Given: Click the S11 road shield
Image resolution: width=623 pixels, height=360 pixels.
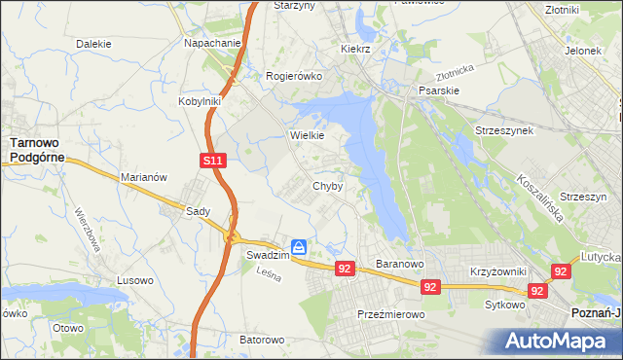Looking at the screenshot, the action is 214,162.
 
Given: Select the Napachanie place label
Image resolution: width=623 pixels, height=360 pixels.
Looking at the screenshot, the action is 211,44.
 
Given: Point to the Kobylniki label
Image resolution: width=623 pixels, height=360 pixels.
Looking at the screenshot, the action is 201,100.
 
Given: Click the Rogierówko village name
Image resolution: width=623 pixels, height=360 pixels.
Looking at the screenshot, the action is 293,75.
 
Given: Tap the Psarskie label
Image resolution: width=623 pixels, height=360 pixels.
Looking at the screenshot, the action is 438,90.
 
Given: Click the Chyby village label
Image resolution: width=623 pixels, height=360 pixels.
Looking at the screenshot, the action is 327,186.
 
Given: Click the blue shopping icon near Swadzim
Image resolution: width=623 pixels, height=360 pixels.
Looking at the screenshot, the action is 301,247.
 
